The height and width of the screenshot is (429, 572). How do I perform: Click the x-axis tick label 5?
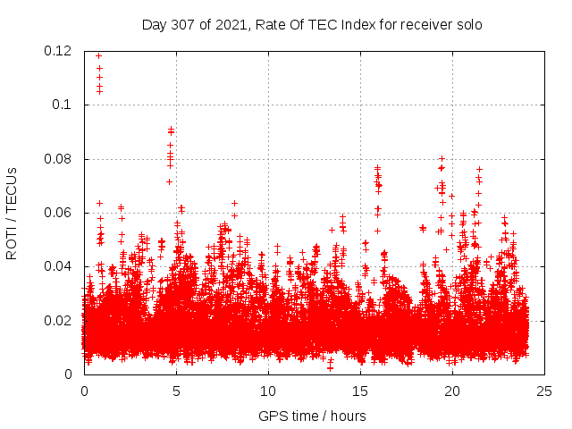coord(176,391)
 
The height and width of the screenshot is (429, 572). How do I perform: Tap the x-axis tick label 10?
coord(268,391)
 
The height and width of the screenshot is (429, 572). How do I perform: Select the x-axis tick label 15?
coord(360,391)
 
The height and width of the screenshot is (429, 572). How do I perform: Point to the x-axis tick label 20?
coord(452,391)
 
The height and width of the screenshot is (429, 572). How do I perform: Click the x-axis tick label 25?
coord(544,391)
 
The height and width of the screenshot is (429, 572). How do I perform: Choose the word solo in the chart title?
coord(467,25)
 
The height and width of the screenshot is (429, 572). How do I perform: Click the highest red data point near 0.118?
coord(98,55)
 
